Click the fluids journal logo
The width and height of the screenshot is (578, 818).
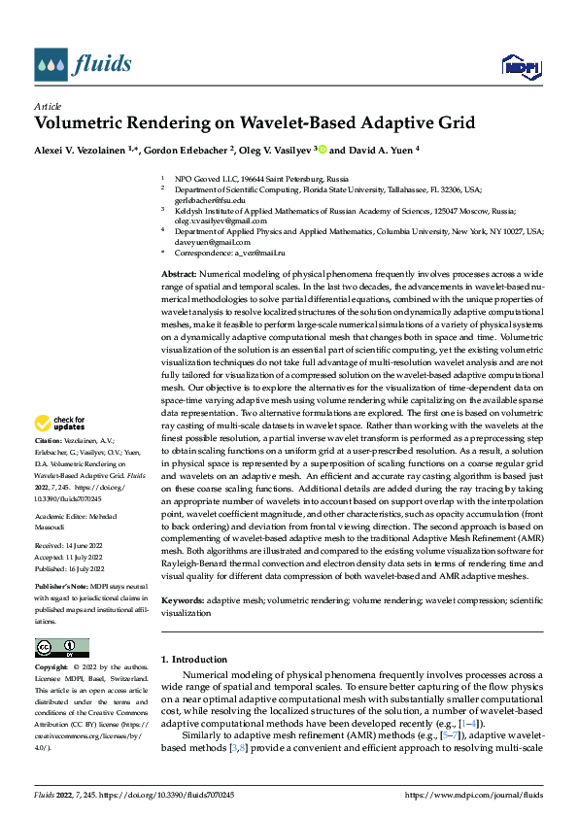tap(82, 65)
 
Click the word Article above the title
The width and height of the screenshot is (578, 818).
tap(48, 106)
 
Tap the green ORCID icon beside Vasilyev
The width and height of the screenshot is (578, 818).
tap(323, 151)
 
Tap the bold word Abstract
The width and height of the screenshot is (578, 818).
tap(179, 276)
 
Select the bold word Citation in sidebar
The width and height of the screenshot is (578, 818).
tap(50, 467)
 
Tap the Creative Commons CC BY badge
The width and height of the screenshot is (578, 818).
tap(62, 647)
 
